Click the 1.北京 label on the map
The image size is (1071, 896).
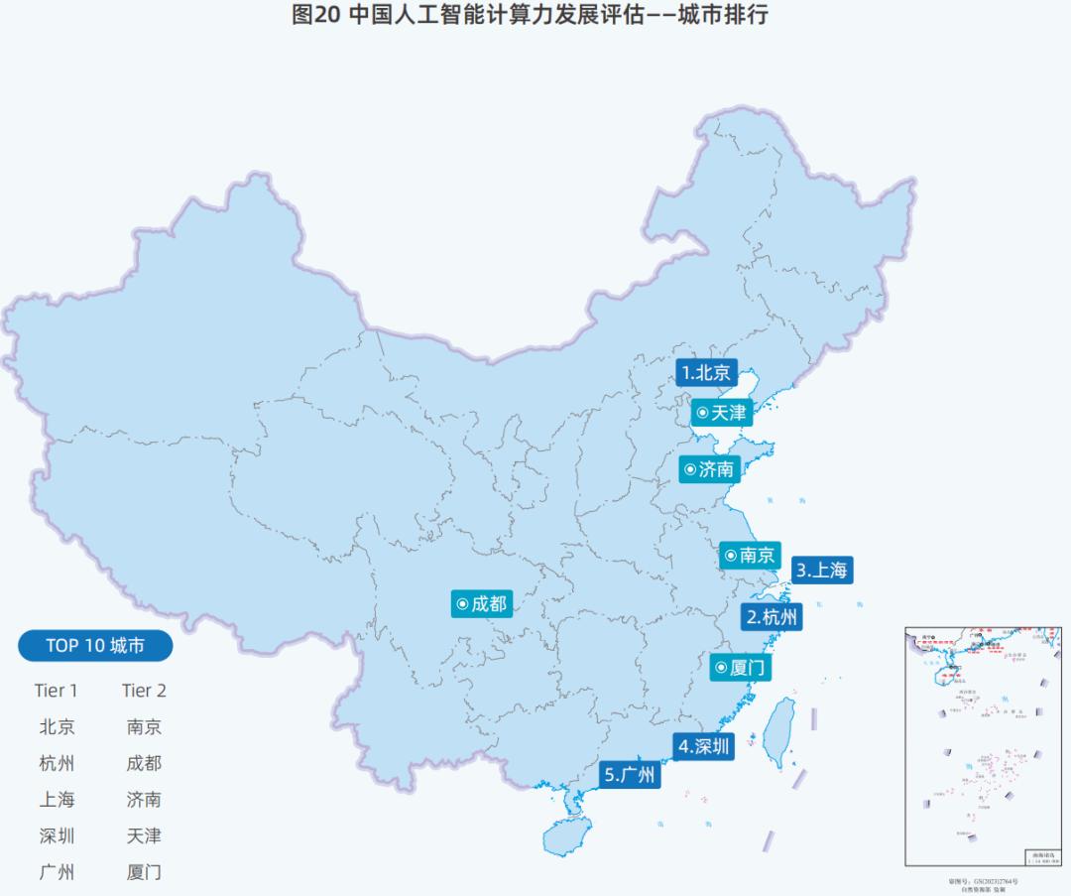707,372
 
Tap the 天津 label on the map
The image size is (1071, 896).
721,412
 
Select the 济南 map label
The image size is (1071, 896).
709,469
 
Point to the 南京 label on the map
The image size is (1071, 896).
750,555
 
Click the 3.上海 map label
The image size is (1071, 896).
822,571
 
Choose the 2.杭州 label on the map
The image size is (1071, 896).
772,617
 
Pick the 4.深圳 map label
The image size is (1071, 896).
704,746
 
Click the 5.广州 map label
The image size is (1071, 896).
631,775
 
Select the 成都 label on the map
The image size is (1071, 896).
482,602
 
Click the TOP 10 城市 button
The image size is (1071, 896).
95,646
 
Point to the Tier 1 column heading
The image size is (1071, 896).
56,691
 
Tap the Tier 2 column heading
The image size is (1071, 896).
144,691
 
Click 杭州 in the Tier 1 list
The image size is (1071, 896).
57,763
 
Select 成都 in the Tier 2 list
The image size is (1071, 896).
144,763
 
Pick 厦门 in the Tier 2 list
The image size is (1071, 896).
144,872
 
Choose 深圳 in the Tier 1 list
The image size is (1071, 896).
57,835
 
